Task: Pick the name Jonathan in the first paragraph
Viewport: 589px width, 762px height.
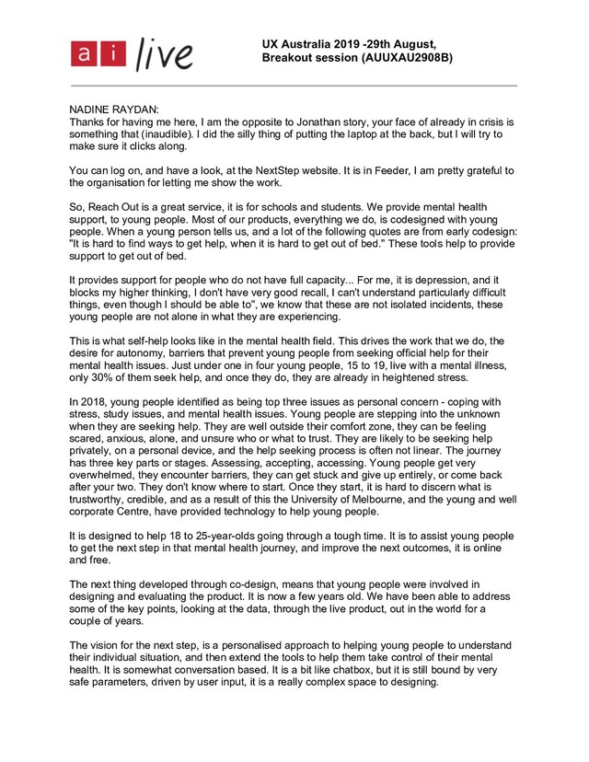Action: [345, 121]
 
